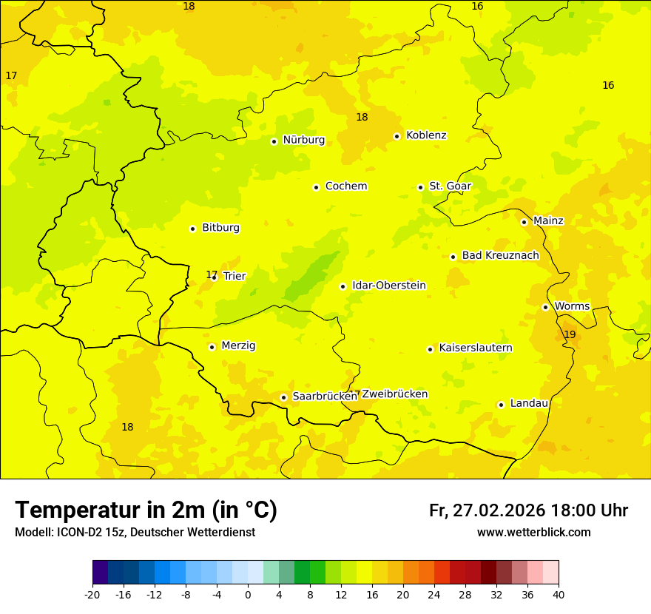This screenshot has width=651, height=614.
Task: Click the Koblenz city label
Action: point(426,135)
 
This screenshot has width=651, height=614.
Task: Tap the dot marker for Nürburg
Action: point(274,141)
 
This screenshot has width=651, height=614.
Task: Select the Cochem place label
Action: point(346,186)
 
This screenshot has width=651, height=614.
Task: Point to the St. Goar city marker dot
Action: point(420,187)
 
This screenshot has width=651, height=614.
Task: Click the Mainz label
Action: point(548,221)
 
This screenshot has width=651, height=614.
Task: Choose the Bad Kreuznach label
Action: point(500,256)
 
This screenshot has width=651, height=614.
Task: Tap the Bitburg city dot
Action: point(192,229)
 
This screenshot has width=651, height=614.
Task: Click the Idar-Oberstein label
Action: point(389,286)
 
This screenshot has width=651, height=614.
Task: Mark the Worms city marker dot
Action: point(545,307)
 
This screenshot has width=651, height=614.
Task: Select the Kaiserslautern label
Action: point(476,348)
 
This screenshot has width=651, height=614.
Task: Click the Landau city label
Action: point(529,404)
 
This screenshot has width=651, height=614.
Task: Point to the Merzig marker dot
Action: point(212,347)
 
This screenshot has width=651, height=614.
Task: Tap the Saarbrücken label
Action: point(325,397)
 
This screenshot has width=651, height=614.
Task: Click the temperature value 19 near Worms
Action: point(570,335)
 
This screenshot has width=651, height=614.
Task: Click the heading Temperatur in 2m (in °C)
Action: point(146,510)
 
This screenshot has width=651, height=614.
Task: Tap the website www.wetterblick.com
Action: point(533,533)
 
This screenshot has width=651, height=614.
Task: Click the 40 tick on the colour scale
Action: point(559,595)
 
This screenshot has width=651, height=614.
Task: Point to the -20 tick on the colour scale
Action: point(92,595)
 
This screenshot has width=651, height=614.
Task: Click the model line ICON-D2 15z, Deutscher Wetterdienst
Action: point(135,533)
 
